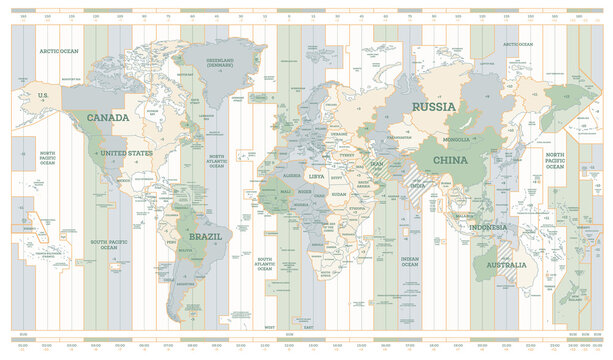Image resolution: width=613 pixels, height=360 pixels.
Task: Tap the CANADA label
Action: click(x=108, y=118)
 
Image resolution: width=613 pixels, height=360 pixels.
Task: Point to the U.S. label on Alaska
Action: click(x=43, y=95)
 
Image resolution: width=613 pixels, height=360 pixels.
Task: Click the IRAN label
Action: click(x=377, y=163)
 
